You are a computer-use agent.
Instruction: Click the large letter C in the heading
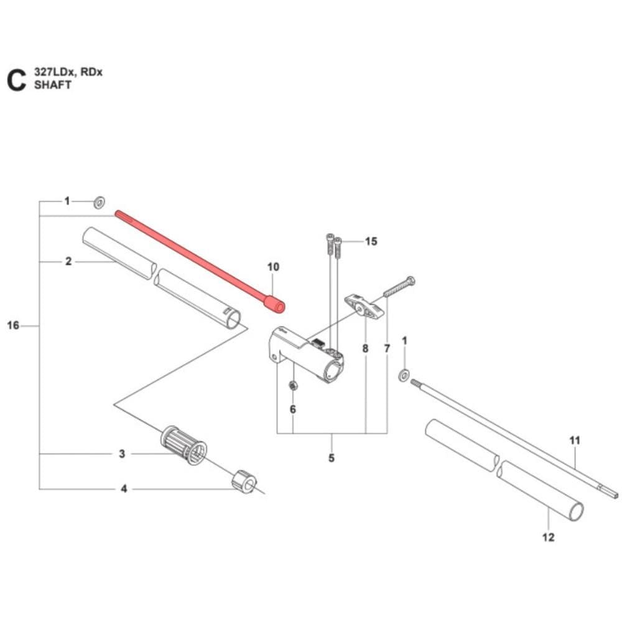[16, 80]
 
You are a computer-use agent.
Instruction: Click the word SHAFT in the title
[53, 85]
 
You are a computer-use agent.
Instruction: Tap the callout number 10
[274, 267]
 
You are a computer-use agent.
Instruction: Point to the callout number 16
[13, 325]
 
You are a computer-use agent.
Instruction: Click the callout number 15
[371, 241]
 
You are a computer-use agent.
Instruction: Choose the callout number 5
[331, 458]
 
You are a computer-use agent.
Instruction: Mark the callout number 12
[548, 537]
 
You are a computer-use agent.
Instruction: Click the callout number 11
[575, 440]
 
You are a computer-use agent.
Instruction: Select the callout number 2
[68, 261]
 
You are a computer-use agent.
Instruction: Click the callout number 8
[365, 348]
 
